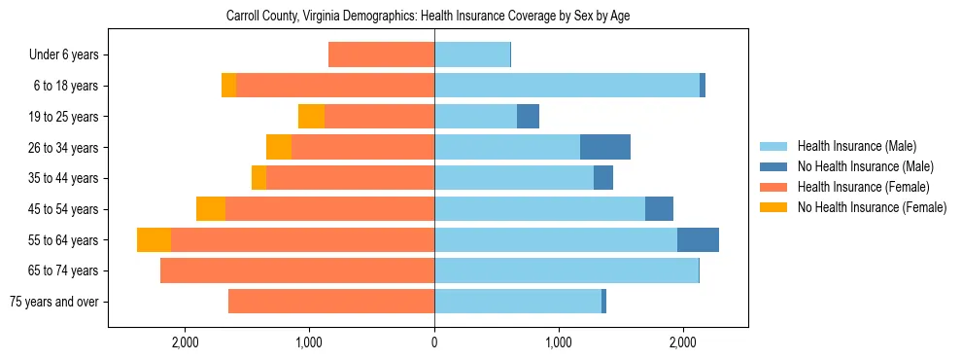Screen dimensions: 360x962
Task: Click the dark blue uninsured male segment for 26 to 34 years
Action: tap(605, 147)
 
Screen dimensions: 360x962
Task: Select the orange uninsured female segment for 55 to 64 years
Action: tap(154, 240)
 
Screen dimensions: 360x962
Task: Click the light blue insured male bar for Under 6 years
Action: tap(472, 55)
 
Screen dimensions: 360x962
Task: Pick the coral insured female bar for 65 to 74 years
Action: tap(297, 270)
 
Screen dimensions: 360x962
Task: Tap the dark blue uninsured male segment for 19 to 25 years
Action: tap(528, 117)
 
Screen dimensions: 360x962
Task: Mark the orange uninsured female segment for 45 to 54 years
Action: tap(211, 209)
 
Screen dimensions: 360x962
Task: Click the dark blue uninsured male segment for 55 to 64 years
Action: tap(698, 240)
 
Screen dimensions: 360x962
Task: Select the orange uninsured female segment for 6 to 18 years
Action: tap(228, 86)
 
